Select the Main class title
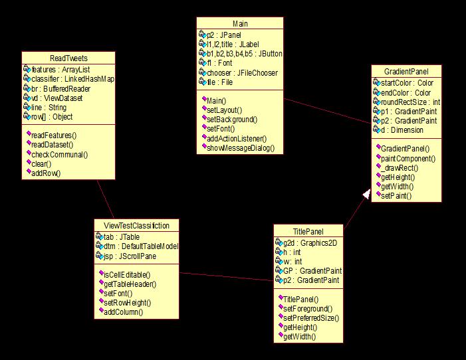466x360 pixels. point(240,23)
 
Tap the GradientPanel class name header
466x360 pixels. point(406,72)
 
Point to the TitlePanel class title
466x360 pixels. point(308,232)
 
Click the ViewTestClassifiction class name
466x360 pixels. point(136,225)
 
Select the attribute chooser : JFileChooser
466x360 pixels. point(242,72)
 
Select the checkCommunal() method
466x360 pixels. point(60,154)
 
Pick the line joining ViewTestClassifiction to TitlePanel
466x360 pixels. point(226,276)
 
